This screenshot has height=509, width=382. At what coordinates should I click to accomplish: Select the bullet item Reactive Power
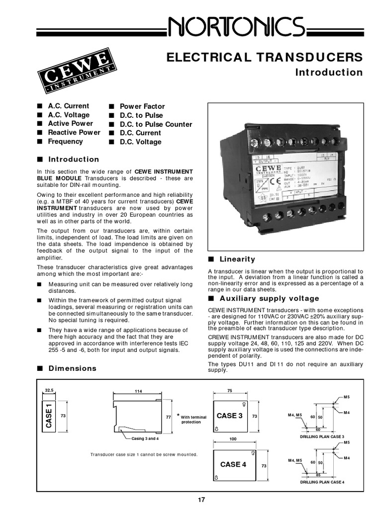tap(74, 133)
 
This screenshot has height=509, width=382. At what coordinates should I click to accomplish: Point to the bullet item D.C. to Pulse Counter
tap(155, 124)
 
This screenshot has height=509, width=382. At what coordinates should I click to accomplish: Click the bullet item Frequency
tap(65, 142)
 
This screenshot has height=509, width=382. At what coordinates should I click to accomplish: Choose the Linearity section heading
tap(237, 259)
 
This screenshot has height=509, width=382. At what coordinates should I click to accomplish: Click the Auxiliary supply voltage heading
tap(269, 299)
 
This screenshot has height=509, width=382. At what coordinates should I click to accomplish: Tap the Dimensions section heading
tap(72, 368)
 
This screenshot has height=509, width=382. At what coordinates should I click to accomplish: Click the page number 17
tap(200, 500)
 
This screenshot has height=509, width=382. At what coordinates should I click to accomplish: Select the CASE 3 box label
tap(230, 416)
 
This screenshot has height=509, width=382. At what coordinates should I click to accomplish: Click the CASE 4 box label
tap(233, 464)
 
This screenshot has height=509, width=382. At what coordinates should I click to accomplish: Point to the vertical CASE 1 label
tap(49, 416)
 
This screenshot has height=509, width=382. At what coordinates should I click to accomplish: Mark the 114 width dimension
tap(137, 391)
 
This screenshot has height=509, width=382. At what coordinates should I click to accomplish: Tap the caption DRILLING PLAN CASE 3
tap(322, 436)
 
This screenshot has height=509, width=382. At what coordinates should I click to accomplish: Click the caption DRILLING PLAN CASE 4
tap(322, 483)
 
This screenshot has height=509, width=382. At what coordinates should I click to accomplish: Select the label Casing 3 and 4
tap(145, 438)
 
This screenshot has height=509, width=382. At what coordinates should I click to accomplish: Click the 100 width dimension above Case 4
tap(232, 439)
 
